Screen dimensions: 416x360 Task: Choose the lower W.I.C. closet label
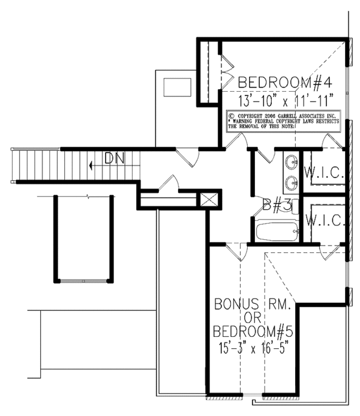click(x=324, y=220)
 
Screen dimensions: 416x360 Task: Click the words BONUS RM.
click(x=252, y=305)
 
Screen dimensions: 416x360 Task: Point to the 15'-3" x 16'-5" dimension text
click(x=252, y=346)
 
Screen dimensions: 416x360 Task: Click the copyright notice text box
click(x=284, y=120)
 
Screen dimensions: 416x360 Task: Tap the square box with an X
click(x=209, y=200)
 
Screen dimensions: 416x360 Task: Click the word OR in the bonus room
click(x=252, y=318)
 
